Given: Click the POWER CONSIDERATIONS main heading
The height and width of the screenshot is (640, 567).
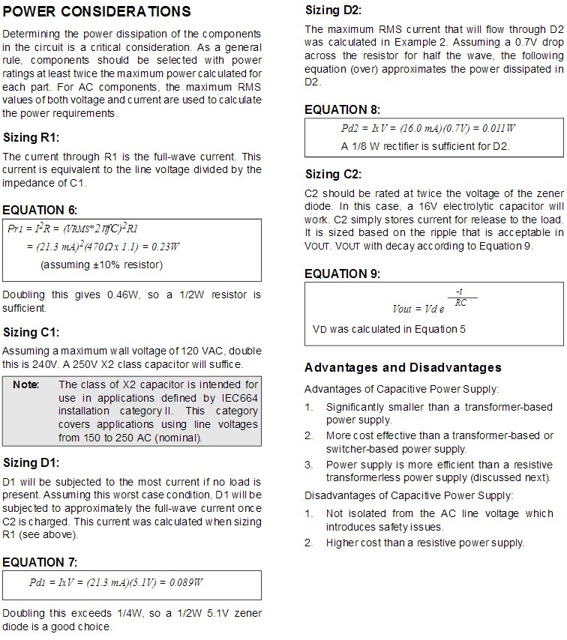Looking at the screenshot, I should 97,12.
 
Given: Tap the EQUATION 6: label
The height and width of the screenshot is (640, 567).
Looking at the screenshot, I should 40,210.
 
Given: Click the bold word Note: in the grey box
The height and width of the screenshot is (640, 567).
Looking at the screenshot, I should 26,384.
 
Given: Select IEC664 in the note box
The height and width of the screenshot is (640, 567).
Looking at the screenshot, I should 239,398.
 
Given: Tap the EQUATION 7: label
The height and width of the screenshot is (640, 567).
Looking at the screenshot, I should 40,562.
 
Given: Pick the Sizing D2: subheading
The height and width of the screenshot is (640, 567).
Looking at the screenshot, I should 333,10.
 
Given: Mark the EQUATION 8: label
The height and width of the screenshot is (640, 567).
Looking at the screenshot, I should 342,110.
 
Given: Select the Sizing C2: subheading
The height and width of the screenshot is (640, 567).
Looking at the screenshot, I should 333,175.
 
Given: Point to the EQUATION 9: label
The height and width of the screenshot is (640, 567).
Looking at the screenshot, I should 342,274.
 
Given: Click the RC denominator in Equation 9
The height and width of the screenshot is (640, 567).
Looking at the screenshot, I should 460,303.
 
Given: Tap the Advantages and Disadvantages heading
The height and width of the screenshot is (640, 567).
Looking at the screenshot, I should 403,368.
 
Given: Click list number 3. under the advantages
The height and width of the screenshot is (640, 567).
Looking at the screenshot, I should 309,465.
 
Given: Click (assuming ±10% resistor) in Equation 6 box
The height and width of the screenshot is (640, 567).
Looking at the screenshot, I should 101,265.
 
